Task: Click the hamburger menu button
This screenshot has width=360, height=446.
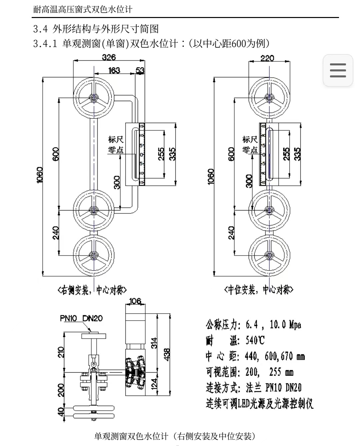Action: pyautogui.click(x=338, y=70)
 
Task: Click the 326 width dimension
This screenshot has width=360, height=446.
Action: pyautogui.click(x=109, y=57)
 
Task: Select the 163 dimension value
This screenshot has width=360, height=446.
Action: pyautogui.click(x=114, y=70)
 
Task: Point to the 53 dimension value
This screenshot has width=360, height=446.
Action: pyautogui.click(x=140, y=70)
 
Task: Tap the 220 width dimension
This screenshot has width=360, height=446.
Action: pyautogui.click(x=267, y=58)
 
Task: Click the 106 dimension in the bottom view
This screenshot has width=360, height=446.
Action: pyautogui.click(x=135, y=301)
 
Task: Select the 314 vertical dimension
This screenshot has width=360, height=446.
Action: pyautogui.click(x=154, y=343)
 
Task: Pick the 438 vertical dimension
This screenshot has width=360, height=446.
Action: pyautogui.click(x=167, y=354)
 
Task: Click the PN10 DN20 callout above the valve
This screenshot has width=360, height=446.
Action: pyautogui.click(x=81, y=318)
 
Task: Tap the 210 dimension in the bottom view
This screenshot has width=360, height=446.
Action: pyautogui.click(x=61, y=352)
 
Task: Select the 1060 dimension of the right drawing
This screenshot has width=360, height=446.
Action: pyautogui.click(x=211, y=176)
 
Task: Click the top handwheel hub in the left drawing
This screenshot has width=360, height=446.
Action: pyautogui.click(x=94, y=98)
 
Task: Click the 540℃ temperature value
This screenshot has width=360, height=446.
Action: pyautogui.click(x=255, y=340)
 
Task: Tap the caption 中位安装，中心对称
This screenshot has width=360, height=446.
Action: pyautogui.click(x=259, y=290)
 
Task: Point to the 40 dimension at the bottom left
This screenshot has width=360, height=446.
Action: pyautogui.click(x=61, y=412)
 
